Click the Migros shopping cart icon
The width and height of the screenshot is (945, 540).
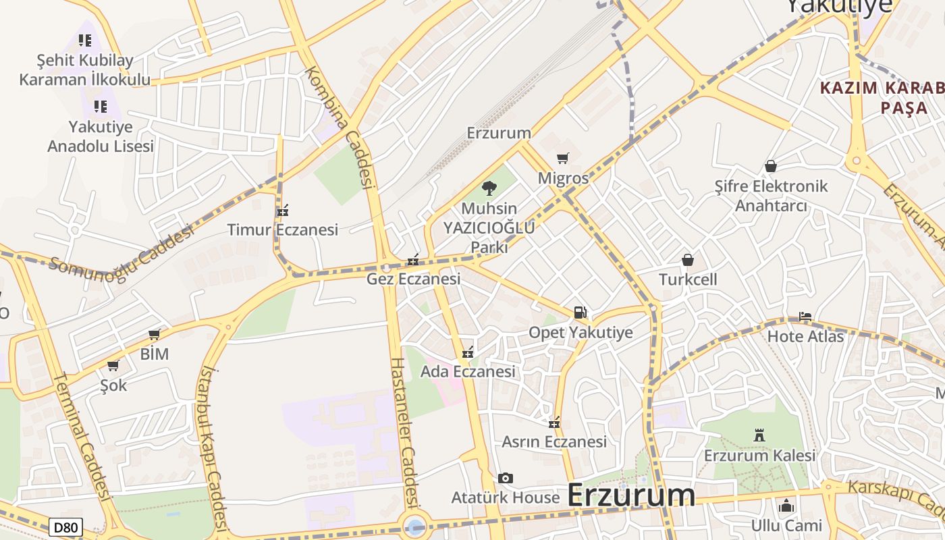(562, 159)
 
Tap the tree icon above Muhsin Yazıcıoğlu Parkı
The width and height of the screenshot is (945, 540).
(489, 188)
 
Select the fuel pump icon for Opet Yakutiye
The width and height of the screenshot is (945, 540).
(580, 313)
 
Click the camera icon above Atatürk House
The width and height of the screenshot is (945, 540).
(505, 479)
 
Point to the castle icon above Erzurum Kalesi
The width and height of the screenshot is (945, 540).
(759, 435)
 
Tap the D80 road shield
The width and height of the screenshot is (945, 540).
(65, 527)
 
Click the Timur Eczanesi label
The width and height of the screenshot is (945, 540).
(282, 230)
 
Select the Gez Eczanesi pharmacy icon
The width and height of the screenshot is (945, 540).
(413, 260)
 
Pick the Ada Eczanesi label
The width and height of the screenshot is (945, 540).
(468, 371)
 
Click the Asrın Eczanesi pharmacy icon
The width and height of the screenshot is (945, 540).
(554, 423)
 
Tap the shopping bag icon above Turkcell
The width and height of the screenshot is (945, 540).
(687, 260)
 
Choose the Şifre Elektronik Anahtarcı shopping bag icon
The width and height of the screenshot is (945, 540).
(770, 166)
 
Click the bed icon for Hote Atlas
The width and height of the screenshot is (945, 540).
(805, 317)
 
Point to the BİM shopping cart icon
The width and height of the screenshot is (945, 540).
(155, 334)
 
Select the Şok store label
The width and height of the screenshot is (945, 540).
(113, 385)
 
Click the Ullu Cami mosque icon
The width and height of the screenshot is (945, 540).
(786, 506)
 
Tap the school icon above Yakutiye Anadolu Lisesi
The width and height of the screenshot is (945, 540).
(101, 107)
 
